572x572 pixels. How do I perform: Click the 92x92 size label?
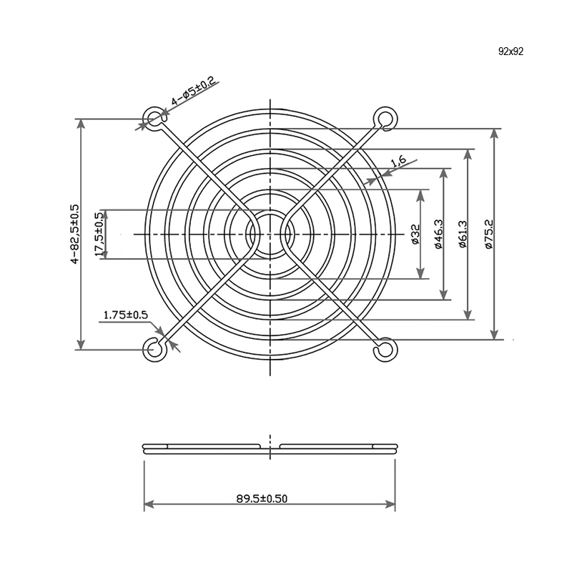(x=511, y=51)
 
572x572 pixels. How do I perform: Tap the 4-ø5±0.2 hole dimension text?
(x=193, y=92)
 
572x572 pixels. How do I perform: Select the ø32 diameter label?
(x=415, y=235)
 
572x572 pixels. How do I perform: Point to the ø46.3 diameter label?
(x=438, y=235)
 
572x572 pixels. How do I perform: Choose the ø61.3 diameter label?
(x=462, y=235)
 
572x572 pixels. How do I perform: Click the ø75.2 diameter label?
(x=489, y=235)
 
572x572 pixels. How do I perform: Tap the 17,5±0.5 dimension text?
(x=99, y=235)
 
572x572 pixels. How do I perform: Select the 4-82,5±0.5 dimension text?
(x=74, y=235)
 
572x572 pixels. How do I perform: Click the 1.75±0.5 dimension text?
(x=126, y=315)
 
